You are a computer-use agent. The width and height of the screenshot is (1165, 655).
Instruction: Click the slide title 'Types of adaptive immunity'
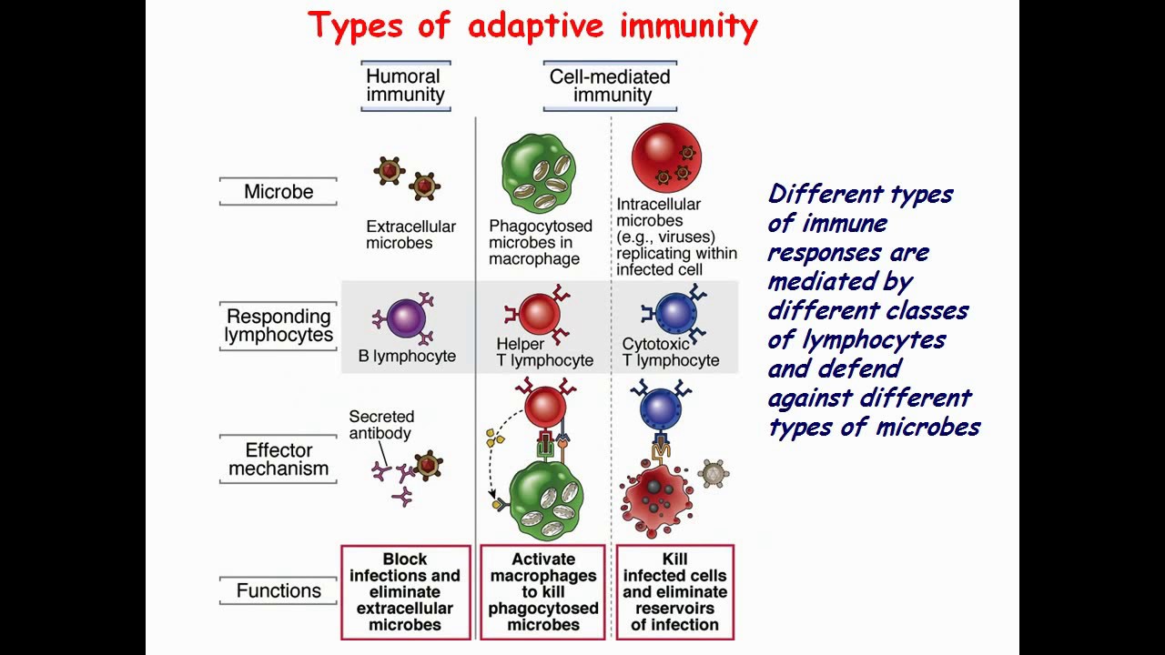(x=532, y=25)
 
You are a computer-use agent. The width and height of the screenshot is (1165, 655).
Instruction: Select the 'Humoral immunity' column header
(x=405, y=86)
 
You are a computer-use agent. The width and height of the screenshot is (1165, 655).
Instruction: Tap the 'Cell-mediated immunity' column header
(x=610, y=86)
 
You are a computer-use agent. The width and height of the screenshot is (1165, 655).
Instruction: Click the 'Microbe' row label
(x=279, y=192)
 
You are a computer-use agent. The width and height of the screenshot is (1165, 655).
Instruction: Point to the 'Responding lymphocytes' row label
(x=279, y=325)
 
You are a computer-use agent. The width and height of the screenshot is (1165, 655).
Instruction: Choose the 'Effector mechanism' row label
(x=279, y=459)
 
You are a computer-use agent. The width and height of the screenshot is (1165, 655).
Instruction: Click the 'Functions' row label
(x=279, y=590)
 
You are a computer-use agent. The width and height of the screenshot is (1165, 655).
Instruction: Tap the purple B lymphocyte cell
(x=406, y=319)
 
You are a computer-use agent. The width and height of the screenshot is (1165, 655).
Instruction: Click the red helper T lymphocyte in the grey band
(x=539, y=315)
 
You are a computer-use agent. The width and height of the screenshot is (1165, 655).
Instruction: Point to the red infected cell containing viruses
(x=666, y=158)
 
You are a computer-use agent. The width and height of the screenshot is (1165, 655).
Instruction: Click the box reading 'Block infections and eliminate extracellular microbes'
(x=405, y=592)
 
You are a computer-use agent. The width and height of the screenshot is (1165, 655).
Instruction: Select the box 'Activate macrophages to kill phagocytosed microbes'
(x=543, y=592)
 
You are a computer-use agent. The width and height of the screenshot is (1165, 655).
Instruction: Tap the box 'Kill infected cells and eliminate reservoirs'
(x=675, y=592)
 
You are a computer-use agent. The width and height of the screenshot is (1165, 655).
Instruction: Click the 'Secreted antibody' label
(x=381, y=425)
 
